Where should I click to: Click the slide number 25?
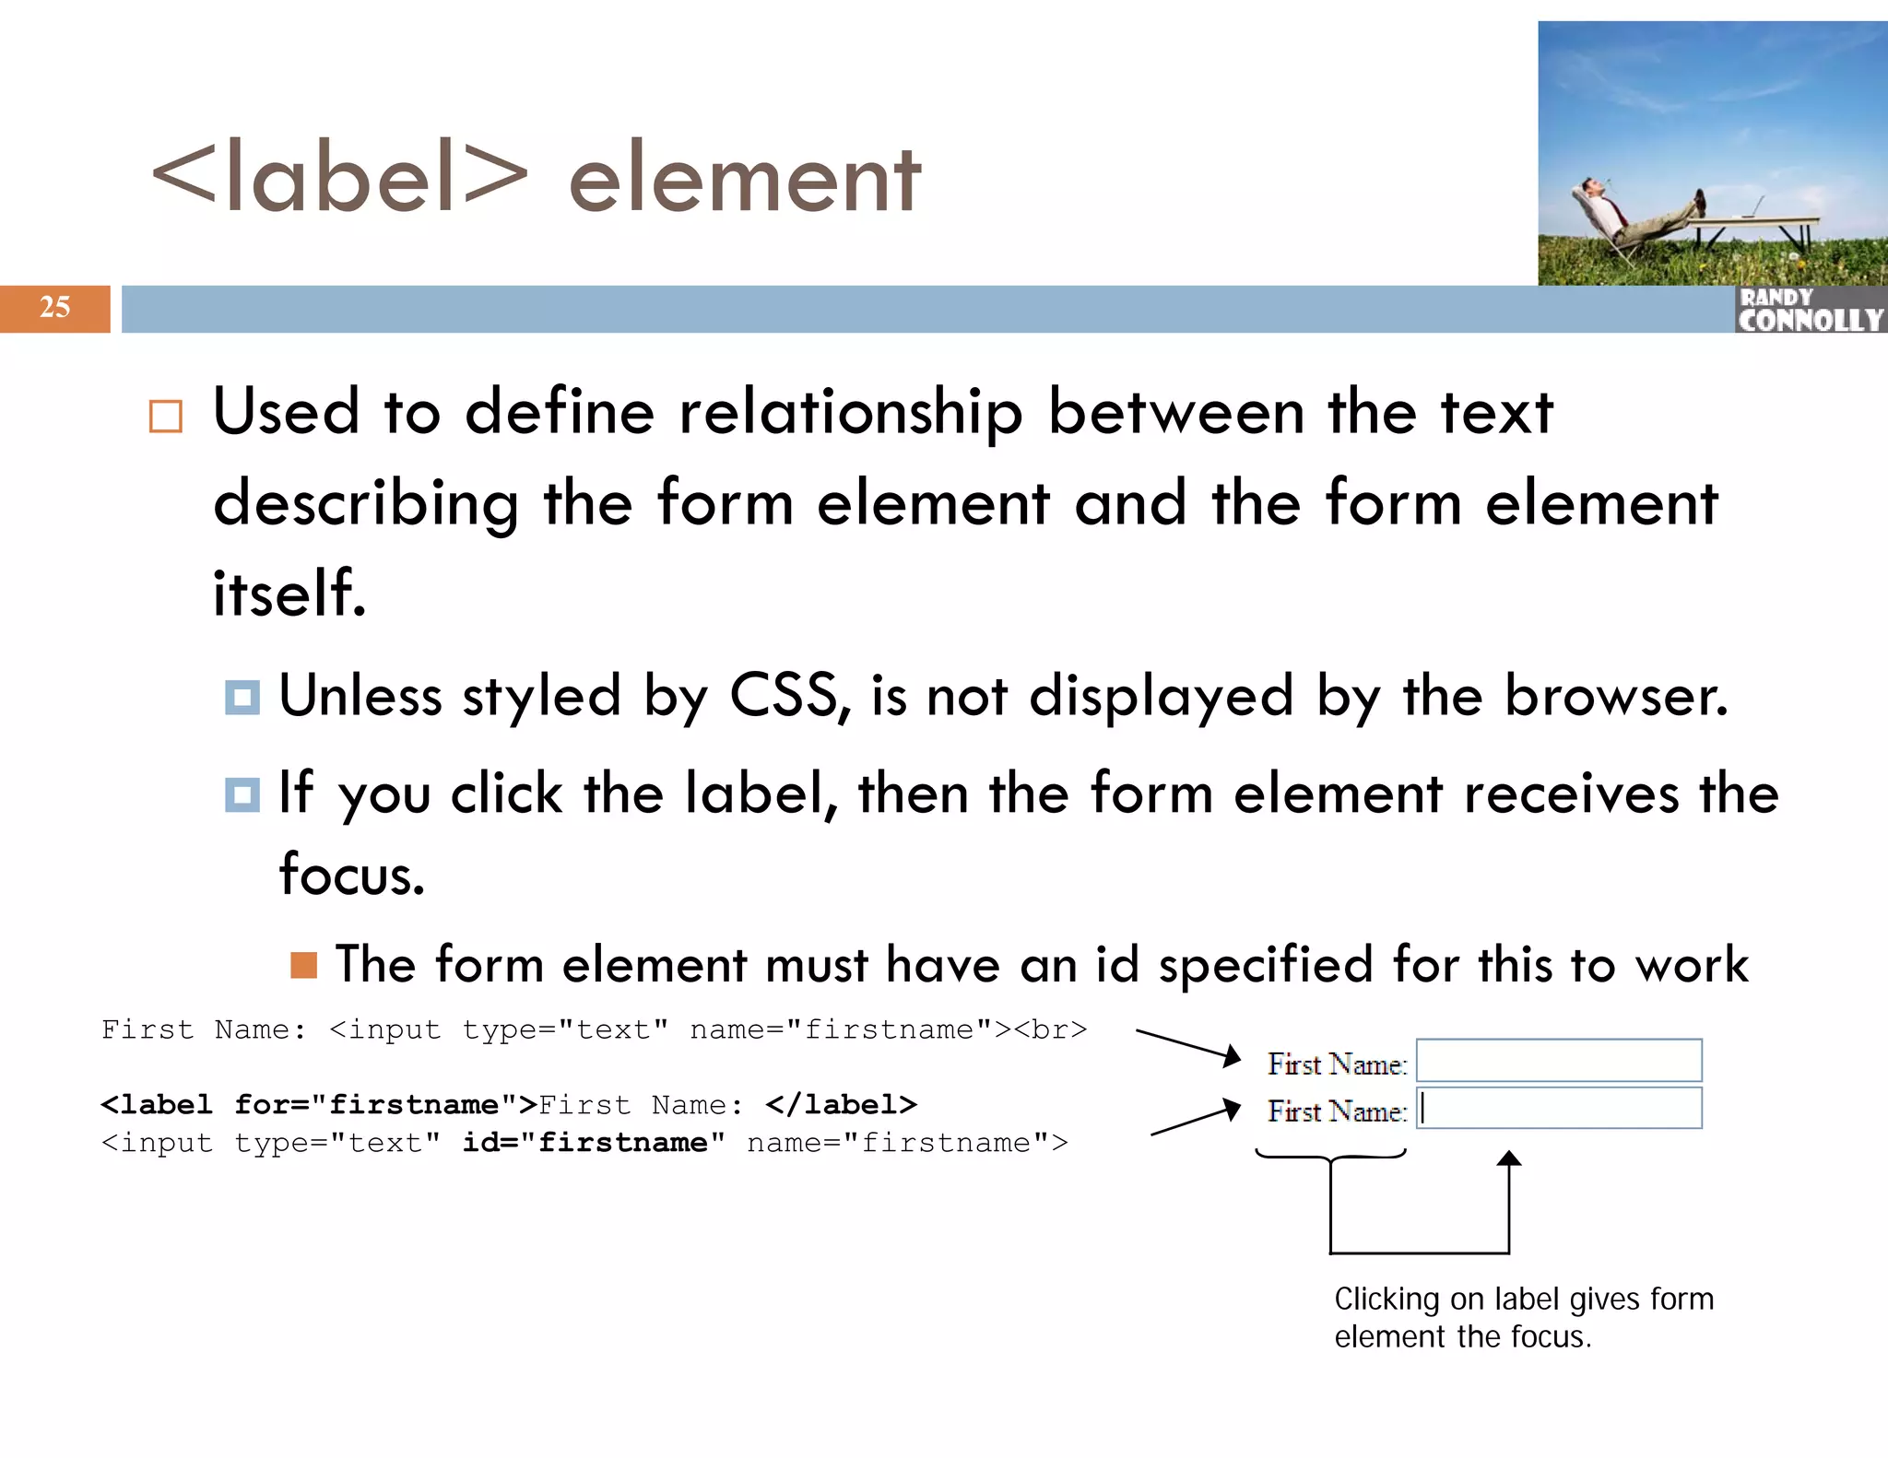54,307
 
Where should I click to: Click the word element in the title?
744,180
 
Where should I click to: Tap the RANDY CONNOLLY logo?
1810,310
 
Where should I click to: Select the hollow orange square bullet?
166,417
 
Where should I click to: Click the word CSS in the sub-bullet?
784,695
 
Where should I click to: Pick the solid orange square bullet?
303,965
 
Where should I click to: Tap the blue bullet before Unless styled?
242,697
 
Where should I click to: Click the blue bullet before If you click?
242,794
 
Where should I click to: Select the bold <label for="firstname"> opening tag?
318,1104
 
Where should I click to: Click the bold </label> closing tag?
841,1104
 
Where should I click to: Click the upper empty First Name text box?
1558,1061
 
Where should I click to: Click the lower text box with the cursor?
1558,1109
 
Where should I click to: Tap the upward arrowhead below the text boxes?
1508,1159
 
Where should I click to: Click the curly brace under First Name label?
1330,1156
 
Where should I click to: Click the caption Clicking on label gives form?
1523,1299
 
